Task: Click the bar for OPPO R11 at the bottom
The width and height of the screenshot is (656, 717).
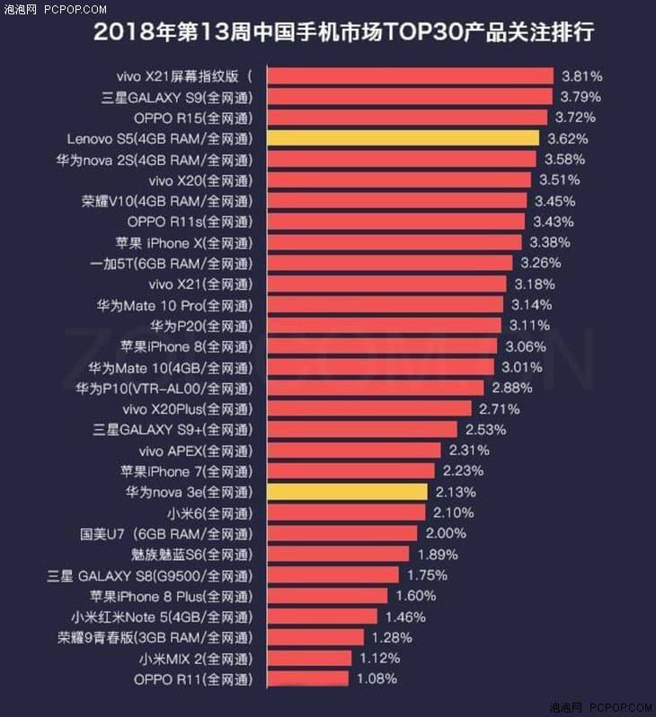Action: tap(308, 678)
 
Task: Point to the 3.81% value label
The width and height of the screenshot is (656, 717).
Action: tap(581, 76)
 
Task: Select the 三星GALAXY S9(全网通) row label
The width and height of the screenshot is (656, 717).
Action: tap(177, 97)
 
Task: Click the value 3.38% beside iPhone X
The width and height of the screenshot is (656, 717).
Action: tap(549, 242)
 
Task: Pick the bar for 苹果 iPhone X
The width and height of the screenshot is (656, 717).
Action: tap(394, 242)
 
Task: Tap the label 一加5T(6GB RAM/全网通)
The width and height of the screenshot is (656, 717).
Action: tap(172, 263)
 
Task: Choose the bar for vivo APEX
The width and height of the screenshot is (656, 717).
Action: tap(353, 450)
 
